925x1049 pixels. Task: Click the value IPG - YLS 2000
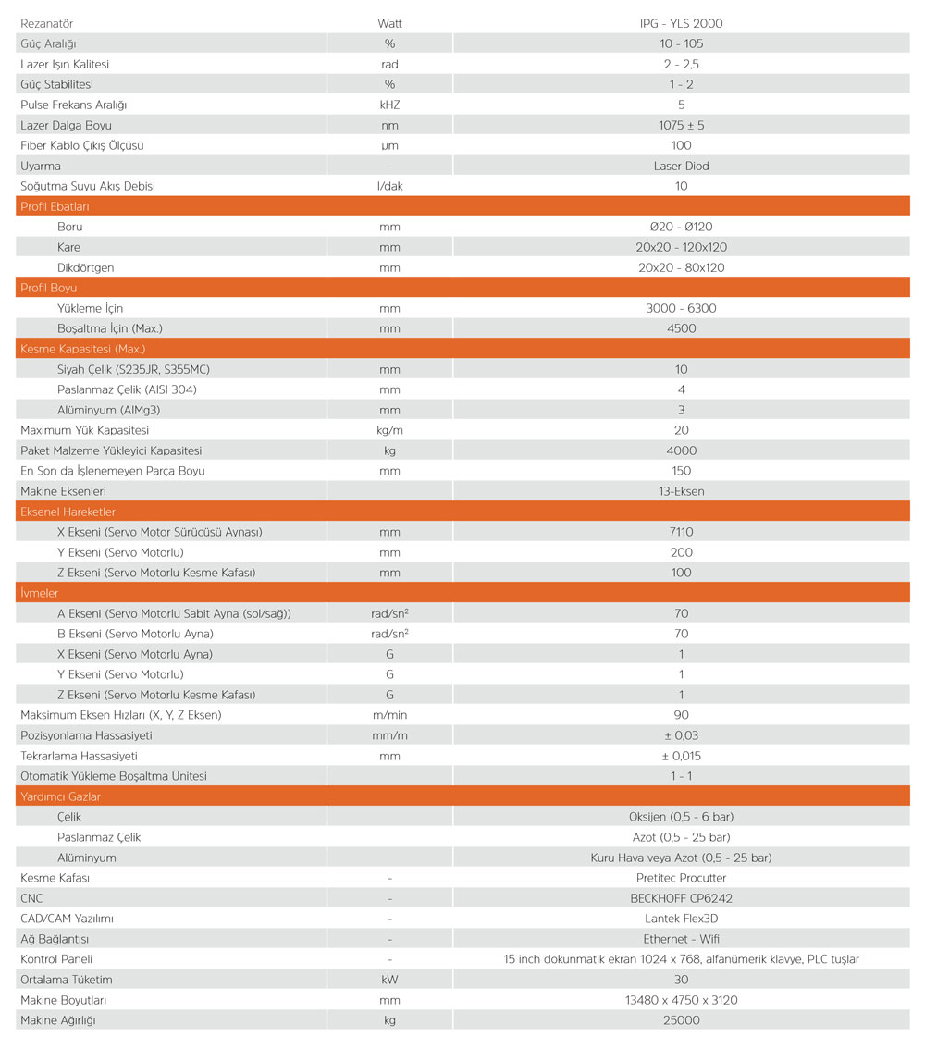pyautogui.click(x=681, y=23)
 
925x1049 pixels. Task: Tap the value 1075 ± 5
pyautogui.click(x=681, y=125)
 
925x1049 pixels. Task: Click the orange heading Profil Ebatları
pyautogui.click(x=55, y=206)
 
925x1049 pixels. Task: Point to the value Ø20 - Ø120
pyautogui.click(x=681, y=227)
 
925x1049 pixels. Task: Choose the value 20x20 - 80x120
pyautogui.click(x=681, y=267)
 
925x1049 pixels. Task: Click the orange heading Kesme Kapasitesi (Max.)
pyautogui.click(x=82, y=349)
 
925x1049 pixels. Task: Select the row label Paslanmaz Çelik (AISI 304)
pyautogui.click(x=127, y=389)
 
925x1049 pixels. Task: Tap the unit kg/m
pyautogui.click(x=389, y=430)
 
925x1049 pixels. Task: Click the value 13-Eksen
pyautogui.click(x=681, y=491)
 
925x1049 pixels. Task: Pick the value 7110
pyautogui.click(x=681, y=532)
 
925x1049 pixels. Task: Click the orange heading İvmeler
pyautogui.click(x=40, y=593)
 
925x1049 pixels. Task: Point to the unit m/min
pyautogui.click(x=389, y=715)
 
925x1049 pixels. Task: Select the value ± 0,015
pyautogui.click(x=681, y=756)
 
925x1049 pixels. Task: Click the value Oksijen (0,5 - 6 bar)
pyautogui.click(x=681, y=817)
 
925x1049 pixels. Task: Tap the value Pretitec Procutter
pyautogui.click(x=681, y=878)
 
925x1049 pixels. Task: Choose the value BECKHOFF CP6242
pyautogui.click(x=681, y=898)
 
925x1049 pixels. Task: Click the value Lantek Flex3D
pyautogui.click(x=681, y=919)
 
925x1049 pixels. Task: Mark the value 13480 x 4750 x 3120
pyautogui.click(x=681, y=1000)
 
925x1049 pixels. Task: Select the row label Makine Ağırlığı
pyautogui.click(x=57, y=1020)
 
